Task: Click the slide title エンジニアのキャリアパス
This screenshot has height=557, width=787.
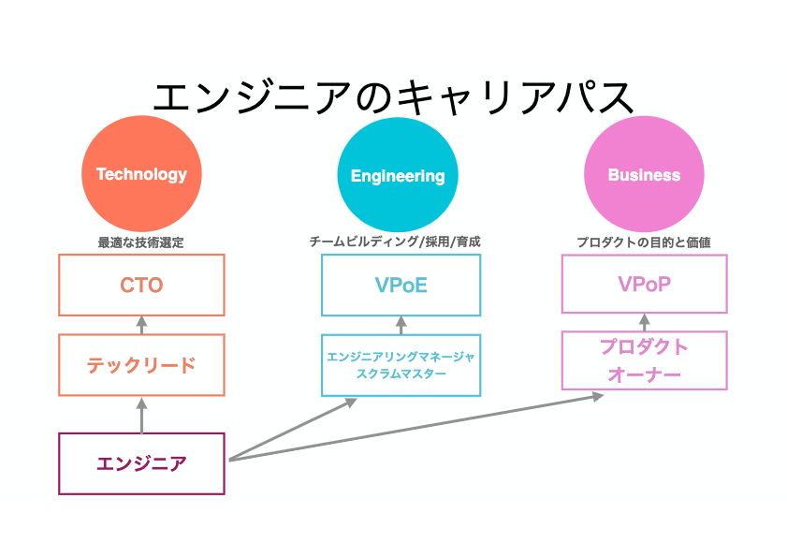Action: coord(393,97)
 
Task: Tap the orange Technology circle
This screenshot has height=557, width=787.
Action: coord(141,174)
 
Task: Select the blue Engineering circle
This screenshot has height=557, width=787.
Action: coord(398,175)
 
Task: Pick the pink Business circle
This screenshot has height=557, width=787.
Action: coord(644,175)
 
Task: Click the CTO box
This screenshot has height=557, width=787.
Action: coord(141,285)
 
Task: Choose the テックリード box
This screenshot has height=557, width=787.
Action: coord(141,365)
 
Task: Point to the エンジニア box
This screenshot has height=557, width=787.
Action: coord(141,462)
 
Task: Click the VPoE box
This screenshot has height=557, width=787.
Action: coord(401,285)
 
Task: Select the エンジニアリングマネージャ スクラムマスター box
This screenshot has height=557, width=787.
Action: coord(401,365)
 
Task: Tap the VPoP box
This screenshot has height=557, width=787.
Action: coord(644,284)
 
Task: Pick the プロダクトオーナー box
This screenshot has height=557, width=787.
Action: coord(644,360)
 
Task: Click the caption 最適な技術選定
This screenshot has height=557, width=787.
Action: coord(141,242)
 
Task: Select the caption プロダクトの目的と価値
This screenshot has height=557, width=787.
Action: coord(643,242)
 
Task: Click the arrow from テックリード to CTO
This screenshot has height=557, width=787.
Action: coord(142,325)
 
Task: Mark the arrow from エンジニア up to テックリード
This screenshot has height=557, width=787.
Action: coord(142,416)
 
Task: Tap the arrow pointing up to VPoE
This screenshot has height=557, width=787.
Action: coord(401,325)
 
